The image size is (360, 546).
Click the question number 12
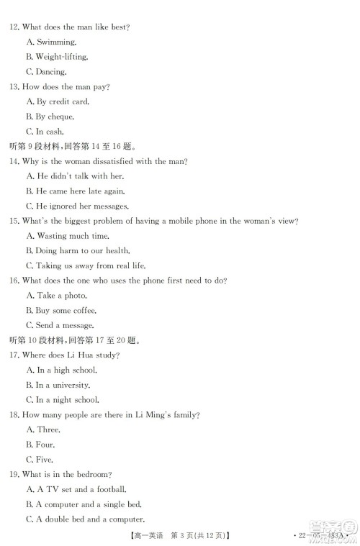coord(13,27)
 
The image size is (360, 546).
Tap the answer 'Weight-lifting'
coord(61,57)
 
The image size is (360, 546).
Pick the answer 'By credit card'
coord(61,102)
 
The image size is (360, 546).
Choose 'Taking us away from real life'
coord(86,266)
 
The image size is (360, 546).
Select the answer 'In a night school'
coord(67,400)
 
